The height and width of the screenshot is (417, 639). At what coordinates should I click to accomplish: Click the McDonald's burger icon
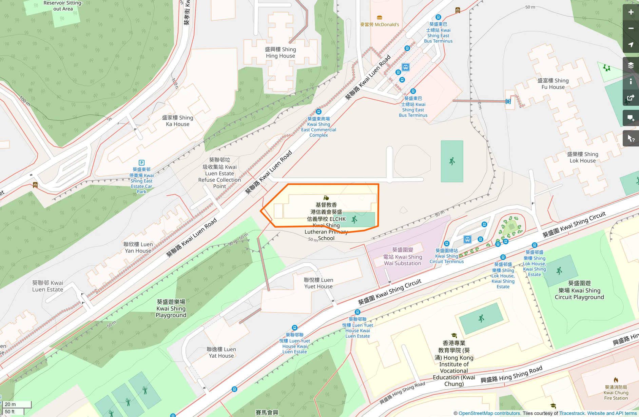(380, 18)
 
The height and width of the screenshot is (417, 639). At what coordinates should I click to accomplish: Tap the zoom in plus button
(631, 12)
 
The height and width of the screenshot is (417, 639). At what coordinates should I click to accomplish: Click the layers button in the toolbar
(631, 65)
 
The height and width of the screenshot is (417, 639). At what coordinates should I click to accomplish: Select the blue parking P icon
(142, 163)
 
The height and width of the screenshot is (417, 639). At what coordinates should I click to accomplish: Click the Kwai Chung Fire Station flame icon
(616, 380)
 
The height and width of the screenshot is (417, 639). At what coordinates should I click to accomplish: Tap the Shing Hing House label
(280, 53)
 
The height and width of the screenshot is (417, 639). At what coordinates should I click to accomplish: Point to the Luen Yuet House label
(318, 283)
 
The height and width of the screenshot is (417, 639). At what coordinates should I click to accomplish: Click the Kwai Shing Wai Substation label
(403, 257)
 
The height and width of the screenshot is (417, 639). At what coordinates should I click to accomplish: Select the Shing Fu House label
(553, 84)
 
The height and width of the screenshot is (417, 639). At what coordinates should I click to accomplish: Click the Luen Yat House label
(221, 352)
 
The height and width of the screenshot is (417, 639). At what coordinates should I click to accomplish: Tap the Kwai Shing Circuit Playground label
(579, 290)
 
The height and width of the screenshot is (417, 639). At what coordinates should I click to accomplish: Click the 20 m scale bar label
(11, 404)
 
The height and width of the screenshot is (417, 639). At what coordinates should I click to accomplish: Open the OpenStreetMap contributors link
(489, 413)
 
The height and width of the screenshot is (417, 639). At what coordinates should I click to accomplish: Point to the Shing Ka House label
(177, 121)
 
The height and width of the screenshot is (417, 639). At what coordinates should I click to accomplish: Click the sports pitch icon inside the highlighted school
(354, 220)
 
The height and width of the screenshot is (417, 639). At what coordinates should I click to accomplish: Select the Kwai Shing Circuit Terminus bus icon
(467, 240)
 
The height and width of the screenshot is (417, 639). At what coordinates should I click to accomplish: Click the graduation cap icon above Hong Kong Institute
(454, 336)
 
